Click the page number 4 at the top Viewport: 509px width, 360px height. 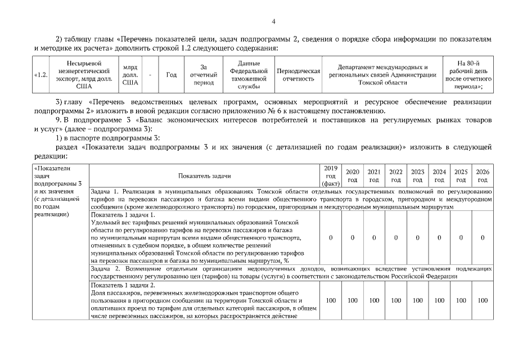click(x=273, y=22)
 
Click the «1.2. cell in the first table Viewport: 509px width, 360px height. click(x=41, y=75)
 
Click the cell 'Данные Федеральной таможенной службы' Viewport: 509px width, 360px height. click(x=248, y=75)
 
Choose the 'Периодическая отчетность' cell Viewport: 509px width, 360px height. click(x=299, y=75)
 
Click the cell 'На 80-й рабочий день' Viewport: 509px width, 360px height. click(x=467, y=75)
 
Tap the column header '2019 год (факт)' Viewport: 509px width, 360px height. click(x=331, y=175)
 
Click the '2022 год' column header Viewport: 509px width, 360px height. click(x=396, y=175)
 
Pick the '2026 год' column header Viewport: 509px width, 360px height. click(x=483, y=175)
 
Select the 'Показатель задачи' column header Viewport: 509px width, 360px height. click(x=205, y=176)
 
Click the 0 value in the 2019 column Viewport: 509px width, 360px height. click(x=331, y=238)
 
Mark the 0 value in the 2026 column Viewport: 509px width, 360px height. click(x=483, y=238)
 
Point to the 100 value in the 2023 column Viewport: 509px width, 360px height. click(x=417, y=300)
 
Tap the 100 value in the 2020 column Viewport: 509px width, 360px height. click(x=353, y=300)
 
